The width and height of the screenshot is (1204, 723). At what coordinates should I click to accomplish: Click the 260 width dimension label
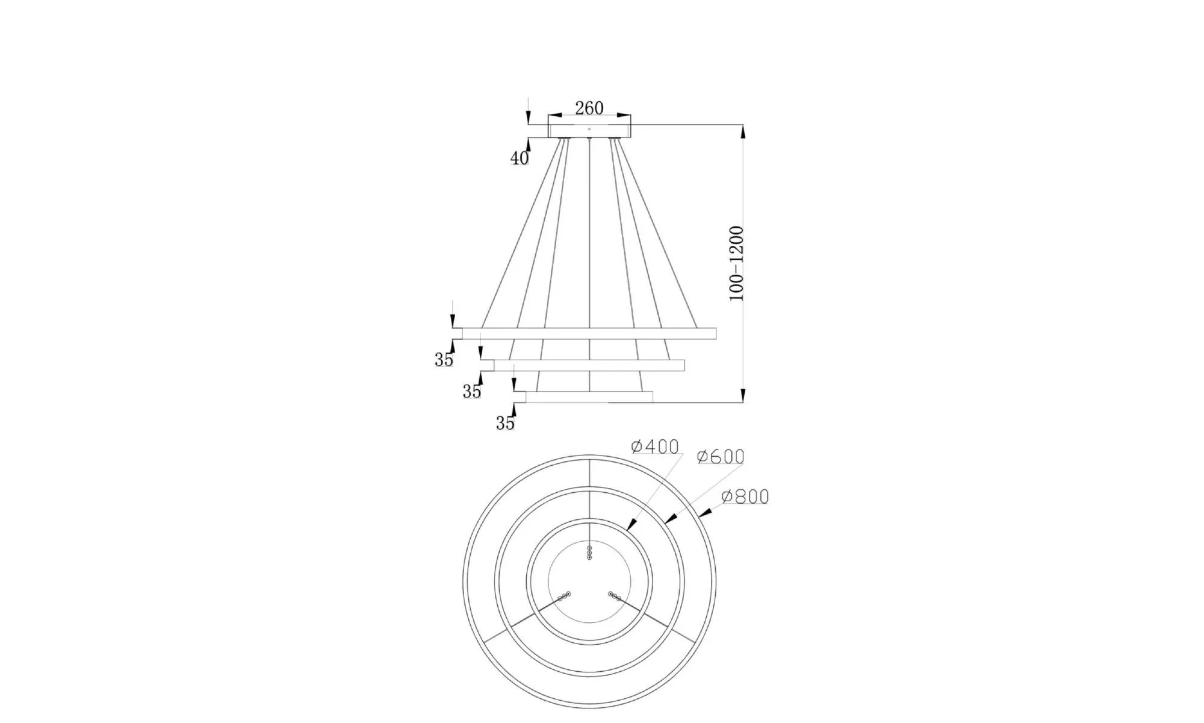(589, 108)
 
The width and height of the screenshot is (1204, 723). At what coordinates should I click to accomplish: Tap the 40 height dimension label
(519, 158)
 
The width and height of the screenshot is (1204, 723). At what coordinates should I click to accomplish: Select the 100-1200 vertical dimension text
(736, 264)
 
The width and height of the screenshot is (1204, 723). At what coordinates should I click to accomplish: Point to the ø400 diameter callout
(655, 446)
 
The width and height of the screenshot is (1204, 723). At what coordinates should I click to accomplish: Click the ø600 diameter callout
(721, 457)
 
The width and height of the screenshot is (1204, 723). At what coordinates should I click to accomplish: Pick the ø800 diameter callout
(745, 496)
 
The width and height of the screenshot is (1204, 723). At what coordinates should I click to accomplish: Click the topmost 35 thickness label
(444, 360)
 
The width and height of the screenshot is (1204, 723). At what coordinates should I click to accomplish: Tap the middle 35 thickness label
(472, 392)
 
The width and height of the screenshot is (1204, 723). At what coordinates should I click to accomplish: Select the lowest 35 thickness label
(505, 424)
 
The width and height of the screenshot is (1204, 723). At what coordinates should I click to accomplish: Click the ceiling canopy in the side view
(589, 131)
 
